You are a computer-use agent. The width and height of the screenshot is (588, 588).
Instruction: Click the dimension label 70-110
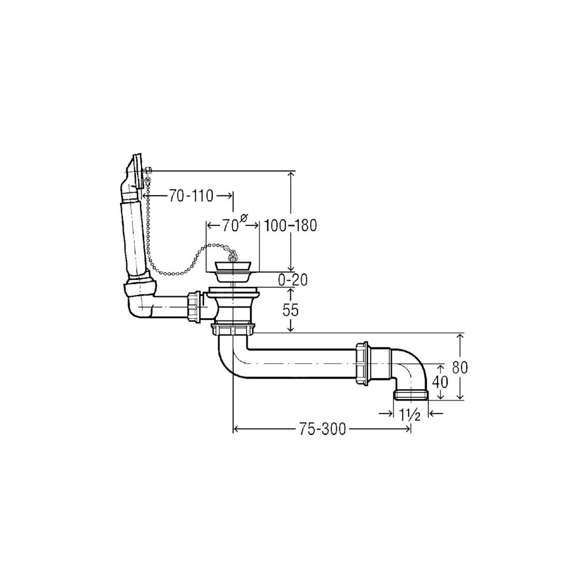191,196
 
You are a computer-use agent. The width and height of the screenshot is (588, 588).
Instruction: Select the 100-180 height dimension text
290,226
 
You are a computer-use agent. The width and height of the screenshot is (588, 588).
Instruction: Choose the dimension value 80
460,367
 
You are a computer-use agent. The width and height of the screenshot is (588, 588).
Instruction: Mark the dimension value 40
440,382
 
